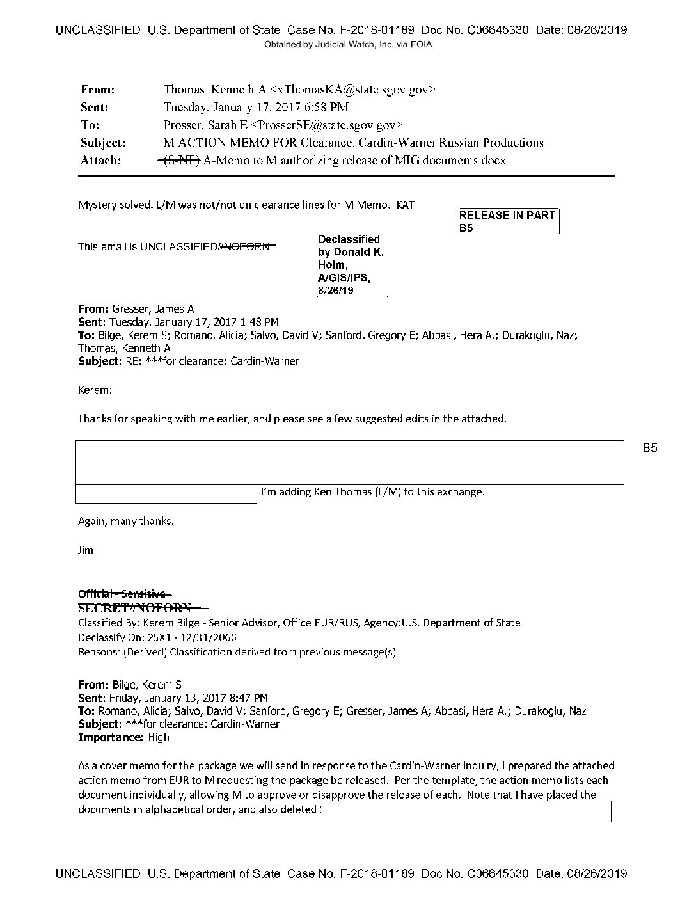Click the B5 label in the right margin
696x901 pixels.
[650, 449]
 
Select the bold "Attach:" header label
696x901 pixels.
[100, 161]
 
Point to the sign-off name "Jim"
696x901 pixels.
[85, 550]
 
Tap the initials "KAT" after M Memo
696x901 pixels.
[406, 205]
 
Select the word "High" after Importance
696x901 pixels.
[159, 737]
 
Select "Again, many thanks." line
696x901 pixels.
[126, 521]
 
